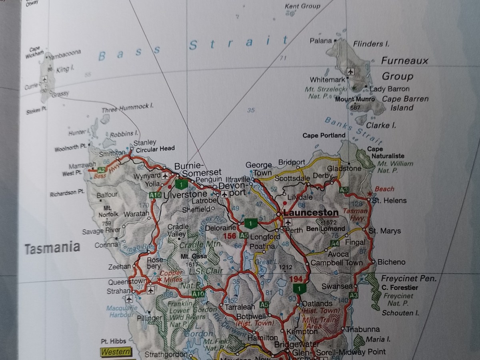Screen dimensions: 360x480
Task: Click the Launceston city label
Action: coord(310,212)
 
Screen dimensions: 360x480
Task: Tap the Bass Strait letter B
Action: coord(102,56)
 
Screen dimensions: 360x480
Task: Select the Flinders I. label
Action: coord(371,44)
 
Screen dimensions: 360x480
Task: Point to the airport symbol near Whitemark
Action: coord(351,72)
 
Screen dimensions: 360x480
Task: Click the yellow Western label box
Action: coord(116,352)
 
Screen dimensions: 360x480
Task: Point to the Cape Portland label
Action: coord(324,135)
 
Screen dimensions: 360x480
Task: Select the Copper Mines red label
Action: coord(170,276)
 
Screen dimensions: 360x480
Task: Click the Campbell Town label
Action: coord(336,263)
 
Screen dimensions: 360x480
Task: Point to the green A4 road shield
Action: coord(335,244)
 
